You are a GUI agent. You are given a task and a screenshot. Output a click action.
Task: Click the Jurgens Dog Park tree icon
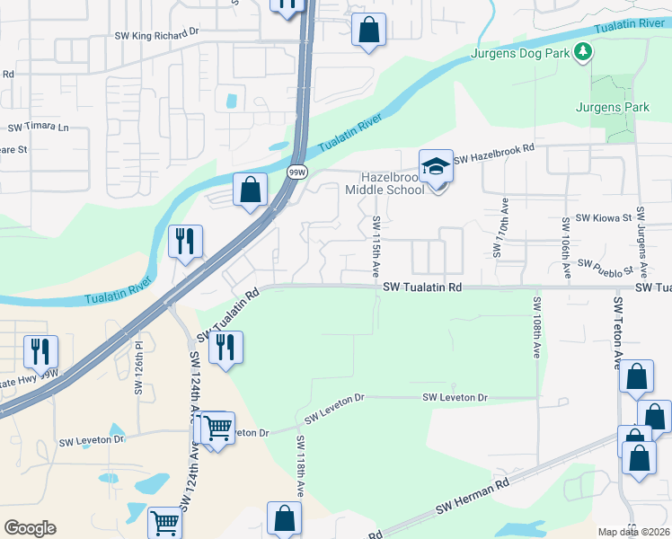coord(584,52)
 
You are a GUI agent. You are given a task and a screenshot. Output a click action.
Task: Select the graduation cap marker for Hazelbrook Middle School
coord(436,167)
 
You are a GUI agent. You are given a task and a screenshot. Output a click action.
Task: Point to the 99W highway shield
coord(296,171)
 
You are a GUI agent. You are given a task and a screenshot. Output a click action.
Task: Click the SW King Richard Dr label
coord(155,34)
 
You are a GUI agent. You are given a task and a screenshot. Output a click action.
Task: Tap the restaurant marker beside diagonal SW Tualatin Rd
coord(225,347)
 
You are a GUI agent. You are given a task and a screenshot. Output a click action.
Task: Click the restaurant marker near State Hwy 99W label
coord(40,351)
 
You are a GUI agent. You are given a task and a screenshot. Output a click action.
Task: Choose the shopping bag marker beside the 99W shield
coord(251,190)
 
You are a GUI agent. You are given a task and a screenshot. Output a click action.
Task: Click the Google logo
coord(30,527)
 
